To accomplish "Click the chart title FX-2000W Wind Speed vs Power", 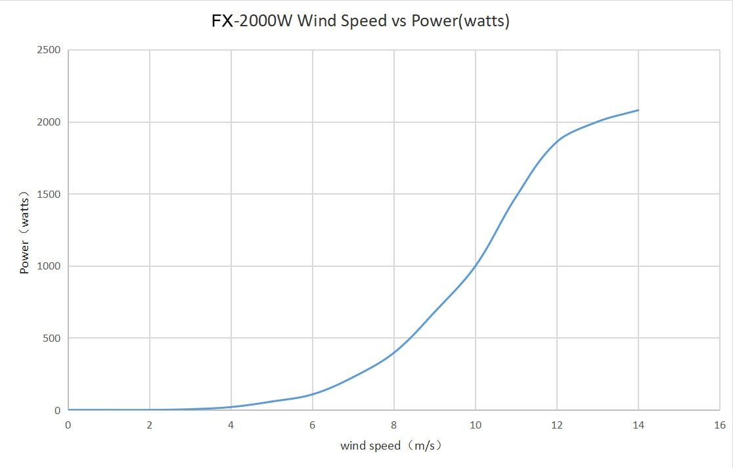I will coord(360,21).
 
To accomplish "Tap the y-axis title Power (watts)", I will coord(25,232).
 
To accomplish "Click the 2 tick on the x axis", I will coord(150,425).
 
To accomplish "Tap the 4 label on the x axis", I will coord(231,425).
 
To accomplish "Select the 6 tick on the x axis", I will coord(313,425).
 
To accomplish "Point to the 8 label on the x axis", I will coord(394,425).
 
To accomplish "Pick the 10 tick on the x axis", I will coord(476,425).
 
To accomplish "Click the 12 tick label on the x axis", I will coord(557,425).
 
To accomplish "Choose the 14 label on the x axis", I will coord(638,425).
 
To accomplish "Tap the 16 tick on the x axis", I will coord(720,425).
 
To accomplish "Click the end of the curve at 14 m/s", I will coord(638,110).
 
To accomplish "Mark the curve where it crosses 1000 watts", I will coord(476,266).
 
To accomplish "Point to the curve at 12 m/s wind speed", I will coord(557,141).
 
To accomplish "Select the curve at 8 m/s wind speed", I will coord(394,352).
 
